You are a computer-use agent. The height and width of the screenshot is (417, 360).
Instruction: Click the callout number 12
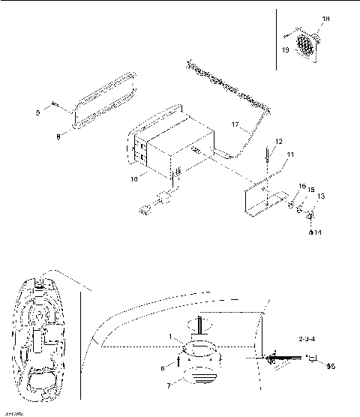coord(278,140)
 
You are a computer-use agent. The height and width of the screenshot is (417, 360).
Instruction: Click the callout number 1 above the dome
coord(171,338)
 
